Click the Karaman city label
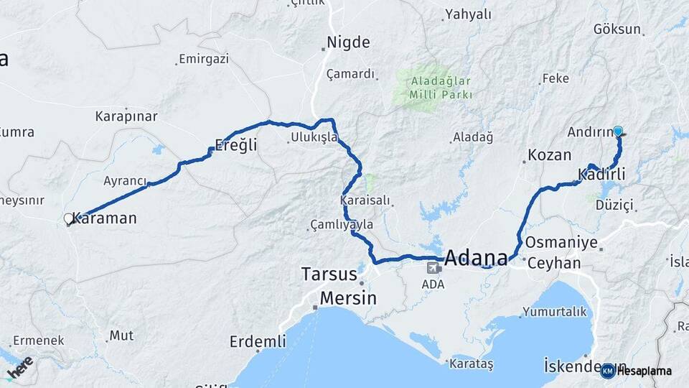(x=104, y=218)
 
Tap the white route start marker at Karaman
(x=69, y=218)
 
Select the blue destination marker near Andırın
(x=617, y=131)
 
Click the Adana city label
(x=476, y=257)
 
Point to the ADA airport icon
(x=433, y=268)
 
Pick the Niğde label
(x=348, y=42)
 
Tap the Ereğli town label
(x=236, y=144)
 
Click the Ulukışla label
(x=314, y=137)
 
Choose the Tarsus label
(x=329, y=274)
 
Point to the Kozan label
(x=549, y=154)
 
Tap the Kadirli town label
(x=601, y=174)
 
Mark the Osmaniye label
(x=561, y=242)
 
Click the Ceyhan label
(x=553, y=263)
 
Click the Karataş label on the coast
(x=471, y=364)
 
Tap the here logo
(x=19, y=367)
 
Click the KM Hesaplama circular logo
(x=608, y=371)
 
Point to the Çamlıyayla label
(x=342, y=225)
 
